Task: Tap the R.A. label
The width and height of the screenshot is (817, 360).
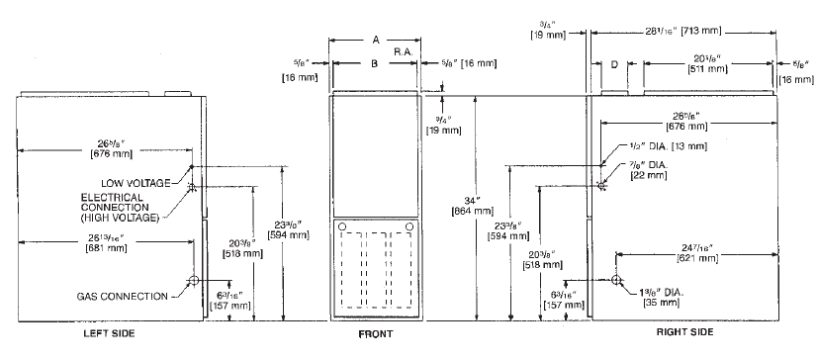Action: tap(404, 49)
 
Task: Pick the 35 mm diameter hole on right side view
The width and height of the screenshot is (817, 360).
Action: tap(617, 281)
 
